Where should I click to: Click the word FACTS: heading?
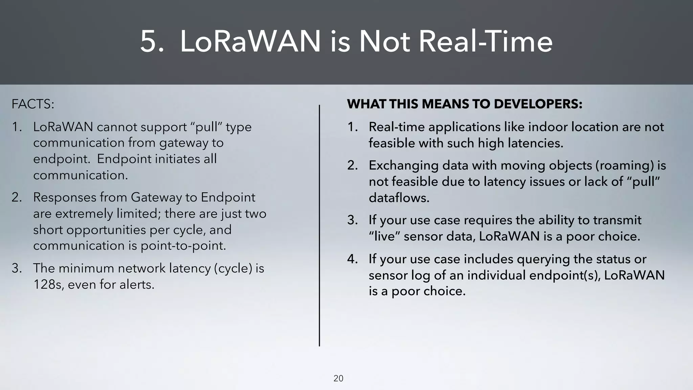click(33, 104)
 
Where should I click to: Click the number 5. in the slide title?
click(152, 42)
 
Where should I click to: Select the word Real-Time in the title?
click(485, 42)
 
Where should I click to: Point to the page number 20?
click(338, 378)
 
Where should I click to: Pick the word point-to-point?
click(183, 245)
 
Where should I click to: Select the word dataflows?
click(399, 198)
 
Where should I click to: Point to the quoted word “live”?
click(384, 236)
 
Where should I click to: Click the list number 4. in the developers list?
click(352, 259)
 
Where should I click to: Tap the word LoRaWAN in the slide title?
click(250, 42)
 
